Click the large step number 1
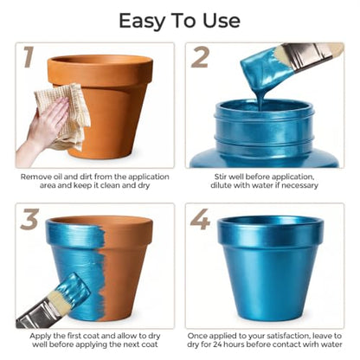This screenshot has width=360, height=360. pyautogui.click(x=29, y=57)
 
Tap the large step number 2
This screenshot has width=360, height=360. pyautogui.click(x=200, y=57)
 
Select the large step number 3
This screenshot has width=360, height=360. pyautogui.click(x=29, y=219)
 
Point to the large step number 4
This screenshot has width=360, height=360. pyautogui.click(x=200, y=219)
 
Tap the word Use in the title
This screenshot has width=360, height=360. pyautogui.click(x=222, y=21)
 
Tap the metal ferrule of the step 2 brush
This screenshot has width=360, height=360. pyautogui.click(x=304, y=55)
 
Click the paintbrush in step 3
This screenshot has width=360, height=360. pyautogui.click(x=53, y=300)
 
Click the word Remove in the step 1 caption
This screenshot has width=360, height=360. pyautogui.click(x=35, y=177)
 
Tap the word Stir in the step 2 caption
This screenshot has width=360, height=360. pyautogui.click(x=221, y=177)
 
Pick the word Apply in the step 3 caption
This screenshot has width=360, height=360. pyautogui.click(x=41, y=337)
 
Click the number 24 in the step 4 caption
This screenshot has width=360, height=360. pyautogui.click(x=218, y=344)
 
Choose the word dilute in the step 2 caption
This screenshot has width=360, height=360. pyautogui.click(x=221, y=185)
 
